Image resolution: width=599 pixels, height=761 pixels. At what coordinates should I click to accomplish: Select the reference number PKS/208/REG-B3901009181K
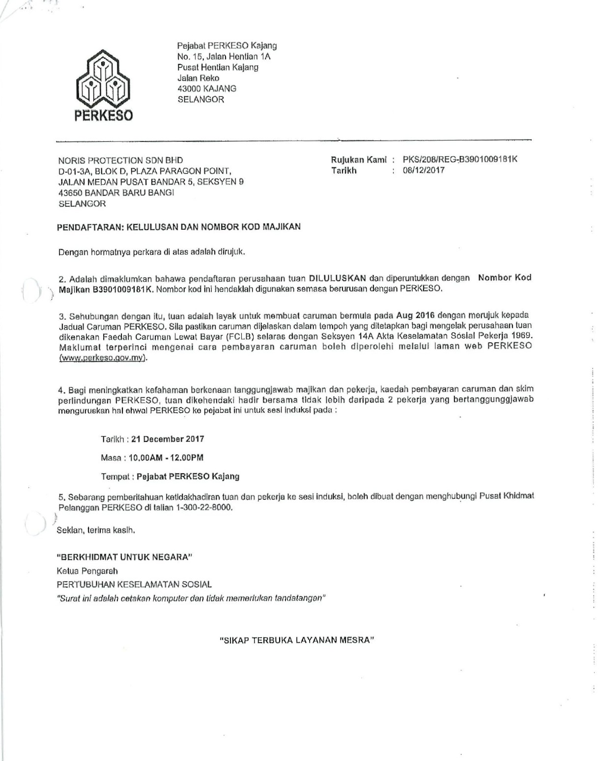460,159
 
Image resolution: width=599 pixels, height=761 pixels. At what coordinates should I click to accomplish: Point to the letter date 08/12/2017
424,170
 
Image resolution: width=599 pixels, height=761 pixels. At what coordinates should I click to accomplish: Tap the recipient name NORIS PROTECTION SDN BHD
120,160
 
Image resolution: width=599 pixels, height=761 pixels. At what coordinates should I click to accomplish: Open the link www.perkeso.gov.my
103,357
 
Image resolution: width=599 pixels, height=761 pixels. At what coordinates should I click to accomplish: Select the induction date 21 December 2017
168,439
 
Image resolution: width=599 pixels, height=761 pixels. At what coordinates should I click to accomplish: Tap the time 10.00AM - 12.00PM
166,458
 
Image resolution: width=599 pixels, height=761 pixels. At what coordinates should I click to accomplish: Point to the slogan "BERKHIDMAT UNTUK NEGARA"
124,557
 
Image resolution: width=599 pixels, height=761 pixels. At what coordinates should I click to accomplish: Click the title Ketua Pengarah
87,571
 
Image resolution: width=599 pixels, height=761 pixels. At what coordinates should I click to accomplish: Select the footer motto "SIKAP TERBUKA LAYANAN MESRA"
297,640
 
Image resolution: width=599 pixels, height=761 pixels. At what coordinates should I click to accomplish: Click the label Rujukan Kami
359,160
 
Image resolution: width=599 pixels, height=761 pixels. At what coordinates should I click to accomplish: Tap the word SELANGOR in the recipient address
82,204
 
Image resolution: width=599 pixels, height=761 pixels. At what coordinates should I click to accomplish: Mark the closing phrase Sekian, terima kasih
96,530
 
